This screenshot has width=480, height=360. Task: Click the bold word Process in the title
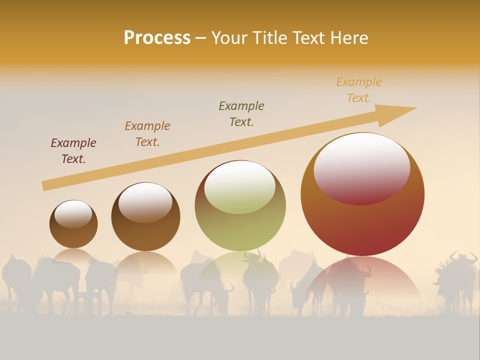157,38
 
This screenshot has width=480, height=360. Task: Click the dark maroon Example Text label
73,151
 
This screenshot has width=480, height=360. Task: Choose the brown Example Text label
147,134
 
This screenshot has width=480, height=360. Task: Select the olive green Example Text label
241,114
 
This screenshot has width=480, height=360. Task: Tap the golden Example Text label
359,90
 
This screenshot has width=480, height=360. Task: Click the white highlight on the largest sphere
361,165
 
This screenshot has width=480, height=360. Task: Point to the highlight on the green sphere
240,187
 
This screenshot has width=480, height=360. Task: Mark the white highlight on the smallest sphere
73,213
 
